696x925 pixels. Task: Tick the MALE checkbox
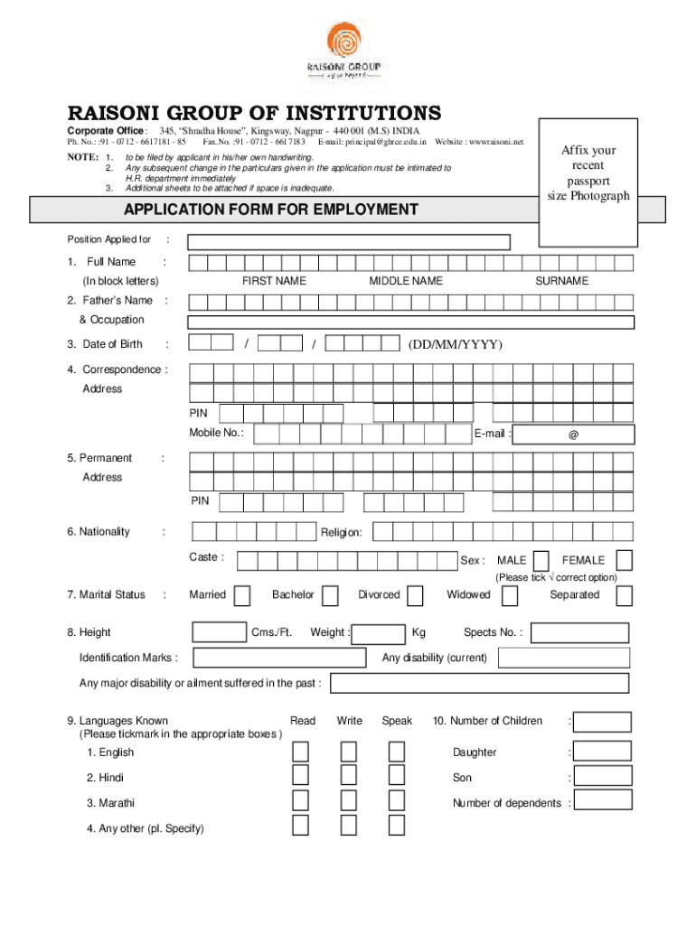[541, 560]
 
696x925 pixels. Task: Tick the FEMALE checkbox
[624, 560]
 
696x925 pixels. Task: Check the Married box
[242, 595]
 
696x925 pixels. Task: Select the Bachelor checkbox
[331, 595]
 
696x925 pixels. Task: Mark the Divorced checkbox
[415, 595]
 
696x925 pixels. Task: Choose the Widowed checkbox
[510, 595]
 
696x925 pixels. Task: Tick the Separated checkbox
[625, 595]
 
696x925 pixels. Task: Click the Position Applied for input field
[349, 241]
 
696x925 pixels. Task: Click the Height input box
[220, 632]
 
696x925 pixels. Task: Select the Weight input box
[378, 632]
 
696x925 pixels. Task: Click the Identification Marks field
[279, 658]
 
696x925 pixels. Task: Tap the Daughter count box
[602, 752]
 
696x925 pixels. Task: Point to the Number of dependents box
[602, 800]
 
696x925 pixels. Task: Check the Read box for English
[301, 752]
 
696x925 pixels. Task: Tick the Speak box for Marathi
[397, 801]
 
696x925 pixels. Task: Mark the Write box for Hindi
[348, 777]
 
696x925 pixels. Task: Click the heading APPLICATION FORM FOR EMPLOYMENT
[271, 210]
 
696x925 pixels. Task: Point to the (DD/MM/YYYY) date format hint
[455, 344]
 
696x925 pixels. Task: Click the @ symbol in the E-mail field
[573, 434]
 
